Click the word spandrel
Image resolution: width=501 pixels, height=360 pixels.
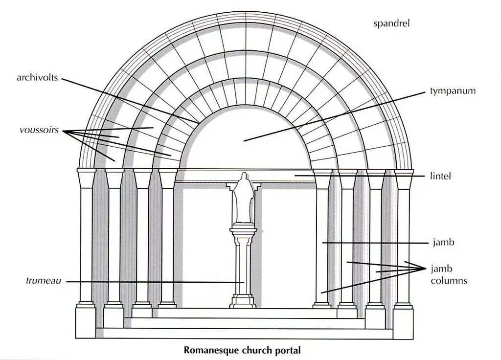[x=391, y=23]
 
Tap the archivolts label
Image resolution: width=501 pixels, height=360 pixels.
[x=37, y=78]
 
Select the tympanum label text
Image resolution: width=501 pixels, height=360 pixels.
[x=453, y=91]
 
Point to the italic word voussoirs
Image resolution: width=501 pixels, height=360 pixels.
[x=39, y=131]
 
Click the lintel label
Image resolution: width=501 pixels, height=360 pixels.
[x=441, y=176]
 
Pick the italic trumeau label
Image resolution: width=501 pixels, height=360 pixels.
[x=44, y=281]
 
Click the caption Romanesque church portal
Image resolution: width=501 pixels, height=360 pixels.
[x=242, y=350]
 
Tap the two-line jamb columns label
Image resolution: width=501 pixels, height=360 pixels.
[x=448, y=275]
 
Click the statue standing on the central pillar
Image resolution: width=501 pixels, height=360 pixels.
[x=244, y=198]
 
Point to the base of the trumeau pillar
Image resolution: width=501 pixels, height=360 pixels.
[x=243, y=300]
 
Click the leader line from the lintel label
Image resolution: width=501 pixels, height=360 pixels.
[x=362, y=175]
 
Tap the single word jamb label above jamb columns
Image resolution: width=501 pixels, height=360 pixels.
[x=441, y=242]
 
